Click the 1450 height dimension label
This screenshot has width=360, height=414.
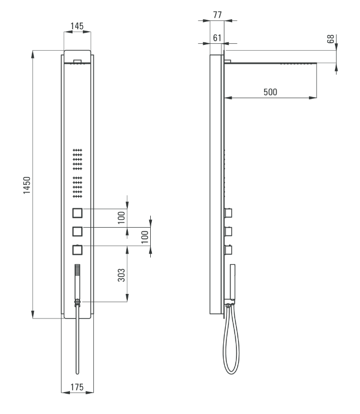(x=27, y=185)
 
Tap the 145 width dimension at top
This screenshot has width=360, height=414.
(x=77, y=26)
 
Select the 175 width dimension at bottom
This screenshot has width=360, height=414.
(x=77, y=387)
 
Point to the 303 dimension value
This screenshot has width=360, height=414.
(x=122, y=275)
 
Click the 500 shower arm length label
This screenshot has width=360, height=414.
(x=270, y=92)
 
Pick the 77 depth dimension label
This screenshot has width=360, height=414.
(x=217, y=15)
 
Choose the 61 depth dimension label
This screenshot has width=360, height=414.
(x=217, y=38)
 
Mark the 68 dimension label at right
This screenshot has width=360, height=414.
(x=330, y=39)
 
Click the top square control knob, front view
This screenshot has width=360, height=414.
(x=77, y=213)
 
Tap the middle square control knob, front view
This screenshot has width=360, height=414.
(x=77, y=232)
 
